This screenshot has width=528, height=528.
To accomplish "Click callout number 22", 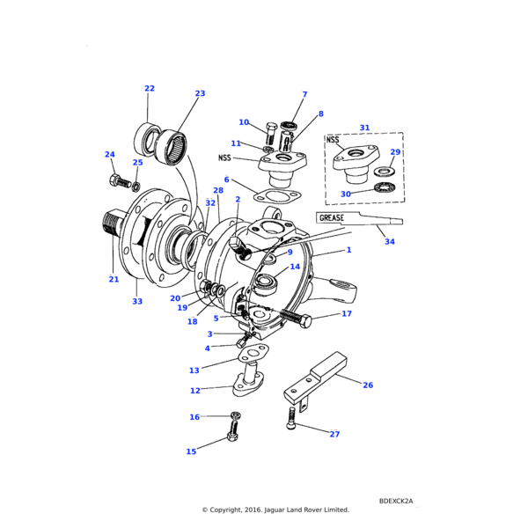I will click(x=150, y=88).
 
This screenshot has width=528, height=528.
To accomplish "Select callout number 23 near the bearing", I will click(x=200, y=93).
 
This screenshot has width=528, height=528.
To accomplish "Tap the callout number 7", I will click(x=304, y=94).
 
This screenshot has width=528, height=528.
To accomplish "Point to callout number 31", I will click(x=364, y=128).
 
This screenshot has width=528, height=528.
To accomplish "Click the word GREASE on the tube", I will click(x=333, y=216).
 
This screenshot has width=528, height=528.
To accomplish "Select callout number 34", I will click(x=390, y=241).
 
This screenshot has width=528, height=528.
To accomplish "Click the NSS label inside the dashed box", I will click(x=333, y=139).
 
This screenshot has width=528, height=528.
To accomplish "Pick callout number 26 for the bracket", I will click(x=368, y=385).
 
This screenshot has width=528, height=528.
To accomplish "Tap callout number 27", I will click(x=334, y=434).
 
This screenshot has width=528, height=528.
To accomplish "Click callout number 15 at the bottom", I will click(x=191, y=451).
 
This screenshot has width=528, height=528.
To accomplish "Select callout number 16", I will click(x=194, y=417).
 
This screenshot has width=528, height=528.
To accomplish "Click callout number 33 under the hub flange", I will click(x=137, y=302).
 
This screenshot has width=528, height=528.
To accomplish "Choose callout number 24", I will click(x=110, y=155).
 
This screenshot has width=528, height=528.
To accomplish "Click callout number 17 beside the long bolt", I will click(x=347, y=313).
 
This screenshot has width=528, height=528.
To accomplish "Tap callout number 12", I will click(x=194, y=391).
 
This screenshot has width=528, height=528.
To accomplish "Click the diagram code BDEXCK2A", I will click(x=395, y=501).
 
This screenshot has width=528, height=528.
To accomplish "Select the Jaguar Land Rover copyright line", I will click(x=275, y=510).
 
